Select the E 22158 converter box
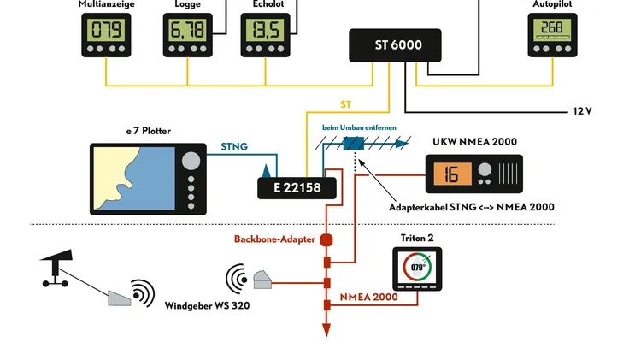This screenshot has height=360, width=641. pos(297,187)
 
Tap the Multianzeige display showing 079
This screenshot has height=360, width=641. pos(106,32)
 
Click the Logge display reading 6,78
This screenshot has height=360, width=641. pos(187,32)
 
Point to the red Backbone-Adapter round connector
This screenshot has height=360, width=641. pos(326,240)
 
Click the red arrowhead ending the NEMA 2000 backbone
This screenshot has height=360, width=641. pos(326,330)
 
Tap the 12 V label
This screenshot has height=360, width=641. pos(582,112)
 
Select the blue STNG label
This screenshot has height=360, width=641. pos(233,147)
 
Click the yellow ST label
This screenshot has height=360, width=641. pos(345,104)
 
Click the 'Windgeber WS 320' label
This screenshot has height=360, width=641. pos(207,304)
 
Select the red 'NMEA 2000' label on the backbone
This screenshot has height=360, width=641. pos(369,297)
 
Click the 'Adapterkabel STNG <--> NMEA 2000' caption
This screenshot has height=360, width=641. pos(471,207)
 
